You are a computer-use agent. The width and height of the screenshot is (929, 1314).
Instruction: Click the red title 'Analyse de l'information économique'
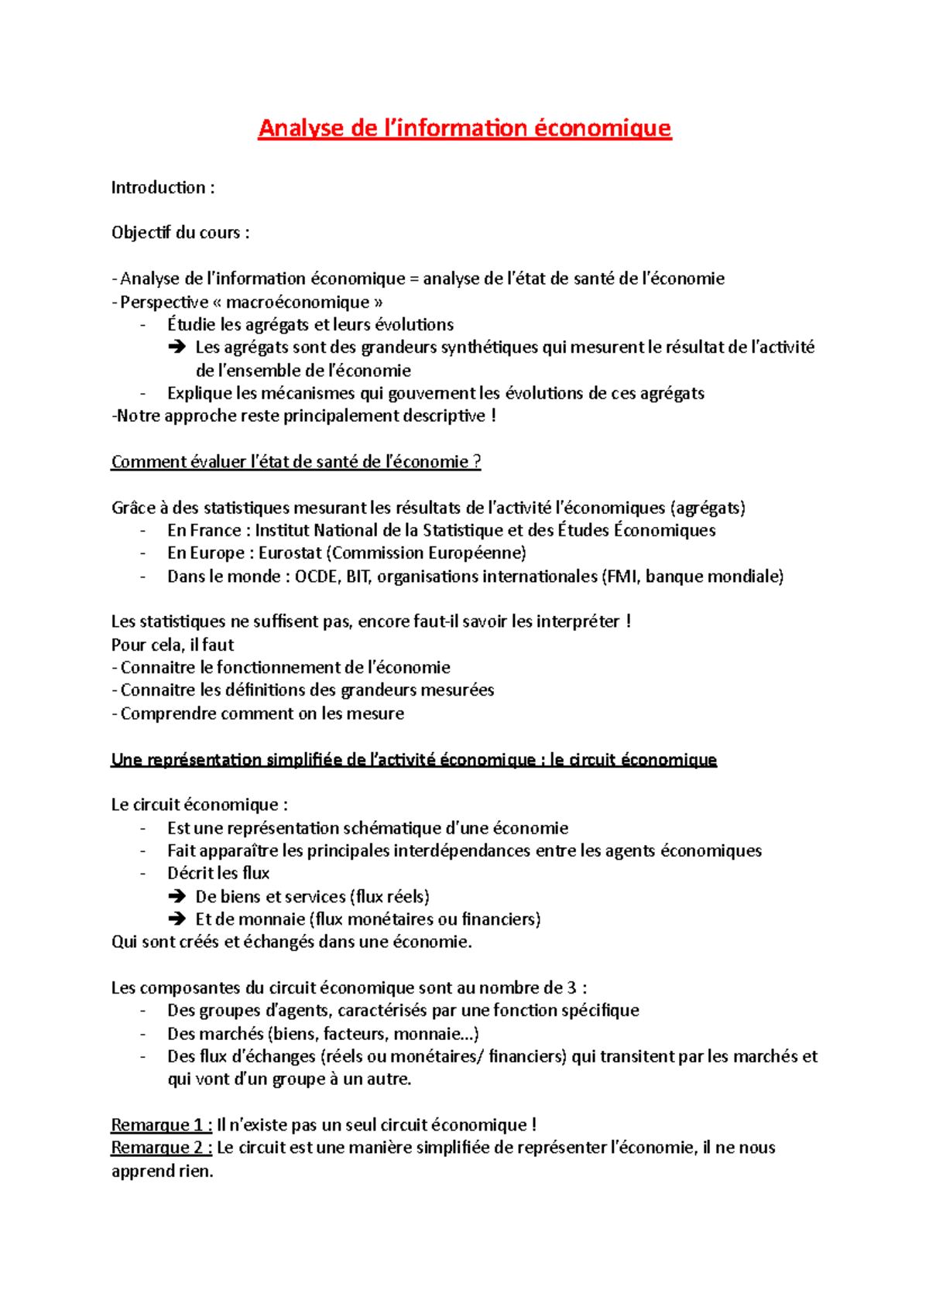pos(464,128)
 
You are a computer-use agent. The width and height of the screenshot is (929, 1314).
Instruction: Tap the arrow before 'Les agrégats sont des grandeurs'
pos(177,347)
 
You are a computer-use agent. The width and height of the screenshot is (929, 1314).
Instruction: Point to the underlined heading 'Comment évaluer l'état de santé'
pos(296,462)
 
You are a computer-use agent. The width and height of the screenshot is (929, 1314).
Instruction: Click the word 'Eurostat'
pos(290,553)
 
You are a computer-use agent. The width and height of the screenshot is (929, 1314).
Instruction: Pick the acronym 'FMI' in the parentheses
pos(621,577)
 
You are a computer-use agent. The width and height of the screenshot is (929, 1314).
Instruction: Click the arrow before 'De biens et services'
pos(177,897)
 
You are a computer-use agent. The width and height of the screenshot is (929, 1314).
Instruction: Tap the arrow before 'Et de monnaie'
pos(177,919)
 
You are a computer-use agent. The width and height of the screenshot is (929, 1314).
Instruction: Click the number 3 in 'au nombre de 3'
pos(571,988)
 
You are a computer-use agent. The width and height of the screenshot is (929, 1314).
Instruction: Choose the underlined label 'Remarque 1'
pos(161,1125)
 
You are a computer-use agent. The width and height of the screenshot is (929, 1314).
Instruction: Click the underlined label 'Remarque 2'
pos(161,1148)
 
